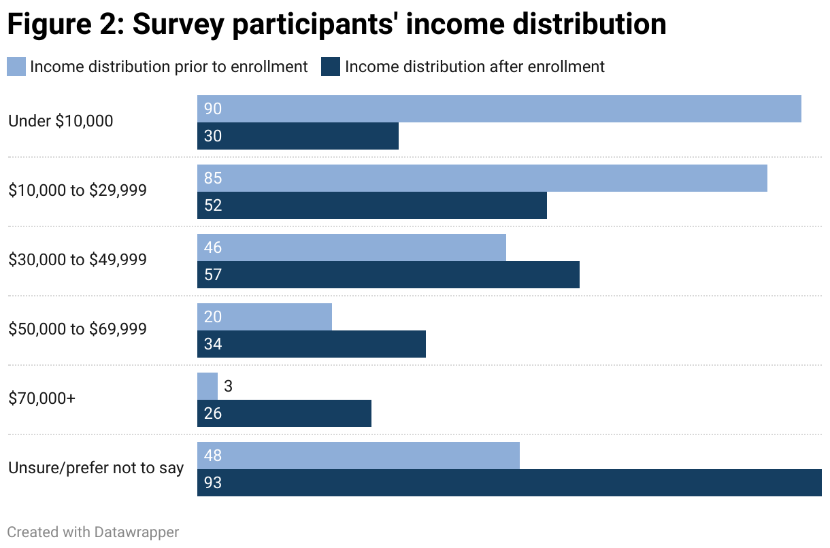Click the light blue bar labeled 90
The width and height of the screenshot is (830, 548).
(x=499, y=109)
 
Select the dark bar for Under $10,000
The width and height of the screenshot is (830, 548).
(x=297, y=136)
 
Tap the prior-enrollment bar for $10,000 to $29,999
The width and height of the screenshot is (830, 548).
(x=482, y=178)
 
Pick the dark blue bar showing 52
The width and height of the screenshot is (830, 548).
(x=371, y=205)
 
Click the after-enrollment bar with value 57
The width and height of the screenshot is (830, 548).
(x=388, y=275)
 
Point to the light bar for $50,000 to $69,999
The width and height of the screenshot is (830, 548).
(x=264, y=317)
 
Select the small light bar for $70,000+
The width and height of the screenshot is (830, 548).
(x=207, y=386)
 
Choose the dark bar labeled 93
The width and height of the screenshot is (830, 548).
(x=509, y=483)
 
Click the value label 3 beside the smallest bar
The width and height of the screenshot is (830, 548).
(x=229, y=386)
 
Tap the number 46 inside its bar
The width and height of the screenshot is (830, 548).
(x=213, y=247)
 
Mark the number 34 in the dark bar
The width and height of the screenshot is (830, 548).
(x=213, y=344)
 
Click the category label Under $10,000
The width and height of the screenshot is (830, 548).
(x=61, y=122)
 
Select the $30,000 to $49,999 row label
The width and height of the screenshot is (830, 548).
(x=78, y=260)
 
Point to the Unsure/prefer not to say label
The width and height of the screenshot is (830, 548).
(x=96, y=468)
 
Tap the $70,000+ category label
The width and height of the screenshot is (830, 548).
(x=42, y=399)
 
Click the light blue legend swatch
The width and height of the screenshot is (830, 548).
(x=16, y=67)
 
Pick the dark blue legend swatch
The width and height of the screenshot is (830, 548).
(x=331, y=67)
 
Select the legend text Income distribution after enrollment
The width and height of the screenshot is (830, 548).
(x=474, y=67)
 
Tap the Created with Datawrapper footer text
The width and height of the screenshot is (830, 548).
(x=93, y=532)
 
